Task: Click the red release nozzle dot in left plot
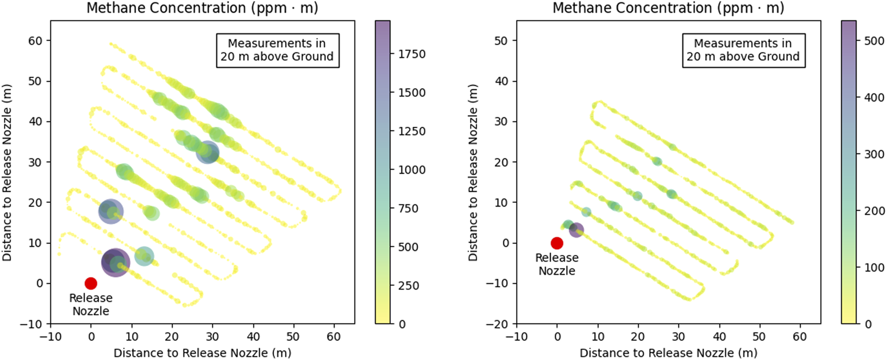tap(91, 283)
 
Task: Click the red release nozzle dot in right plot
tap(557, 243)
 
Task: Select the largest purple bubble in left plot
tap(116, 262)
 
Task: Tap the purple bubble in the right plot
tap(576, 230)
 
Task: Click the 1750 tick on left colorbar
tap(411, 54)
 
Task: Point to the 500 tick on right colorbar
tap(874, 41)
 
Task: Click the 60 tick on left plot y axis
tap(35, 41)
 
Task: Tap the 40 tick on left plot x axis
tap(253, 336)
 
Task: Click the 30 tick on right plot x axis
tap(678, 336)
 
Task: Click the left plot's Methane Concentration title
tap(202, 8)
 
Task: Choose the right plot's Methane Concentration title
tap(668, 8)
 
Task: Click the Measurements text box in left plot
tap(277, 50)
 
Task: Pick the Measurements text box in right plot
tap(743, 50)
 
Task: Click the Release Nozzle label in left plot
tap(91, 304)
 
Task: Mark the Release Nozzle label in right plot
tap(557, 264)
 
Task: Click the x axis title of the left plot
tap(202, 353)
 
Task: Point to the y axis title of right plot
tap(473, 172)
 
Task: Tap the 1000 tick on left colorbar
tap(411, 170)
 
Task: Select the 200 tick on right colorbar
tap(874, 211)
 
